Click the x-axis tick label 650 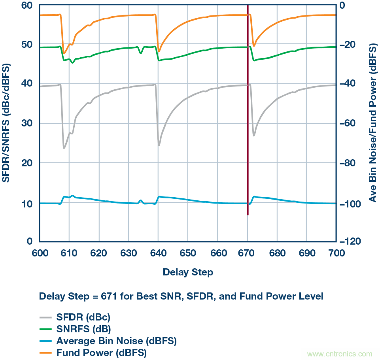point(188,254)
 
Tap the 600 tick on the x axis point(40,254)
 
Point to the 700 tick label point(335,254)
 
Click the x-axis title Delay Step point(188,272)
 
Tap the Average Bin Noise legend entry point(116,341)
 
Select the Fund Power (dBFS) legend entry point(101,352)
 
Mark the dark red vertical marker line point(248,119)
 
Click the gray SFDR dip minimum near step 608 point(64,148)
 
